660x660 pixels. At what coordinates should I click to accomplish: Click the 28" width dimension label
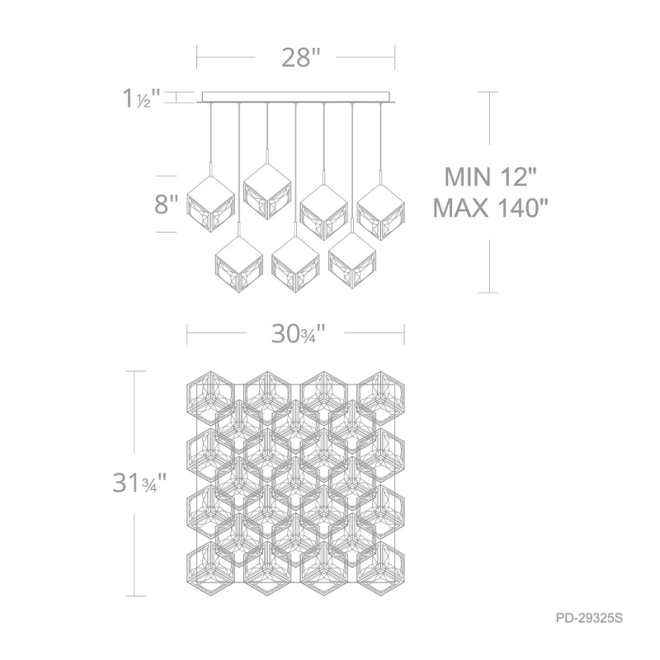click(x=301, y=58)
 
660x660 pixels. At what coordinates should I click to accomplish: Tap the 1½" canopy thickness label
click(x=141, y=99)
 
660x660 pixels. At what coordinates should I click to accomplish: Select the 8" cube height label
click(x=167, y=205)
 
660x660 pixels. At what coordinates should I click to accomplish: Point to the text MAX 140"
click(x=491, y=208)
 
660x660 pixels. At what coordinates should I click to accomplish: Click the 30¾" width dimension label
click(x=299, y=334)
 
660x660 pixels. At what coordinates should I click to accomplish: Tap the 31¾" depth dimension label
click(x=139, y=483)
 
